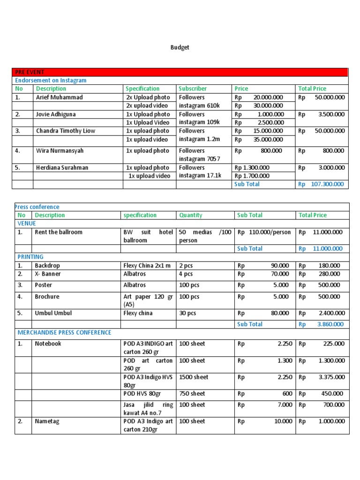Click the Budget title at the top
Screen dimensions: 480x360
coord(180,48)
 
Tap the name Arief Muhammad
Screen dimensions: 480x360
coord(59,97)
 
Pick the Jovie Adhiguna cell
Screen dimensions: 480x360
coord(56,114)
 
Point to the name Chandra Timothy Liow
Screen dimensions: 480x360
coord(65,131)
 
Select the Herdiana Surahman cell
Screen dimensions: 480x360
coord(62,167)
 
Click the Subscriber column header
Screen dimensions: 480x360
coord(193,89)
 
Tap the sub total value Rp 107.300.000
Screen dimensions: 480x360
coord(322,184)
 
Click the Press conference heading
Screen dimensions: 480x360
coord(37,207)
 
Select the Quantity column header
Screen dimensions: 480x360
coord(191,215)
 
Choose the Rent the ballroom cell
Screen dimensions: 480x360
coord(58,232)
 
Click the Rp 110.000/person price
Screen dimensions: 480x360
coord(264,232)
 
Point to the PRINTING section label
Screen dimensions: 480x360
coord(30,257)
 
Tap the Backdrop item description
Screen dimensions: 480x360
coord(47,265)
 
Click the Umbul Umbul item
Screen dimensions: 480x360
coord(53,313)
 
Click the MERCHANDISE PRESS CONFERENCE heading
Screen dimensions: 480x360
coord(64,332)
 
